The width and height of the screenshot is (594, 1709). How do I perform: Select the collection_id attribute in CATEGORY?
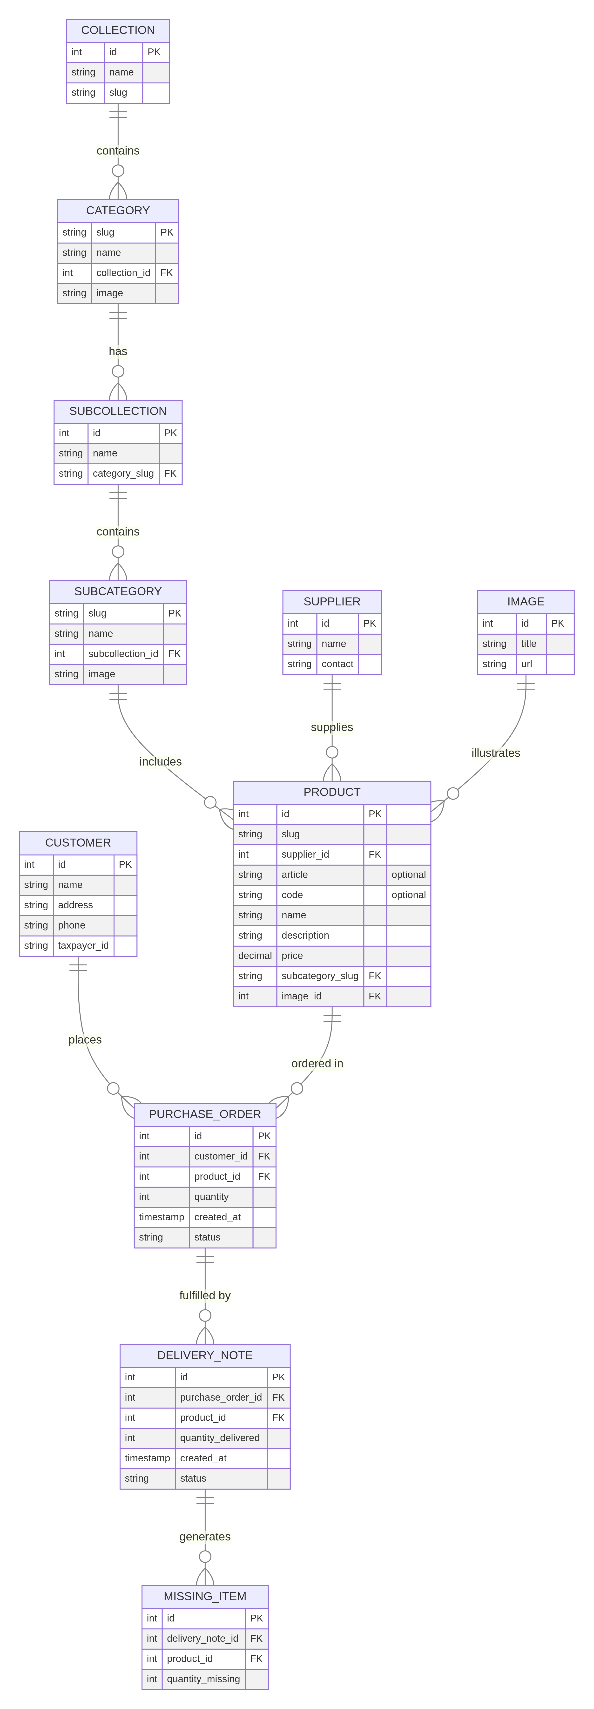click(x=123, y=273)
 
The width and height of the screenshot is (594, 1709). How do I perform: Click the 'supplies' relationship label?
click(x=332, y=727)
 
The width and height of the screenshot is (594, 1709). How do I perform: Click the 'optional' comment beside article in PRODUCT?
click(x=408, y=875)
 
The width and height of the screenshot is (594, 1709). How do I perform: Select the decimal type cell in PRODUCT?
click(x=255, y=955)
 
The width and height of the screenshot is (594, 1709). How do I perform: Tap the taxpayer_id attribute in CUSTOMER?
click(x=83, y=945)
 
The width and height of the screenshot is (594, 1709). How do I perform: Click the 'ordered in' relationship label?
click(x=317, y=1064)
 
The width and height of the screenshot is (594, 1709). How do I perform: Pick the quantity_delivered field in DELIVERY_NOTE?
click(x=220, y=1438)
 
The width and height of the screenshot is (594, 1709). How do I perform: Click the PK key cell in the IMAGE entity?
click(x=558, y=624)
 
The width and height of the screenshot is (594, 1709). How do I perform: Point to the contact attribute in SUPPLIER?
click(x=337, y=664)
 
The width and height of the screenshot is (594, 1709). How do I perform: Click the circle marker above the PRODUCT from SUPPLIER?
click(x=332, y=752)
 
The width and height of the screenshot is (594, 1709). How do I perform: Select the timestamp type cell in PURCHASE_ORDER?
click(x=161, y=1217)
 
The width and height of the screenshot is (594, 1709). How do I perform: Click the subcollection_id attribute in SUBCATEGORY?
click(x=123, y=653)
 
